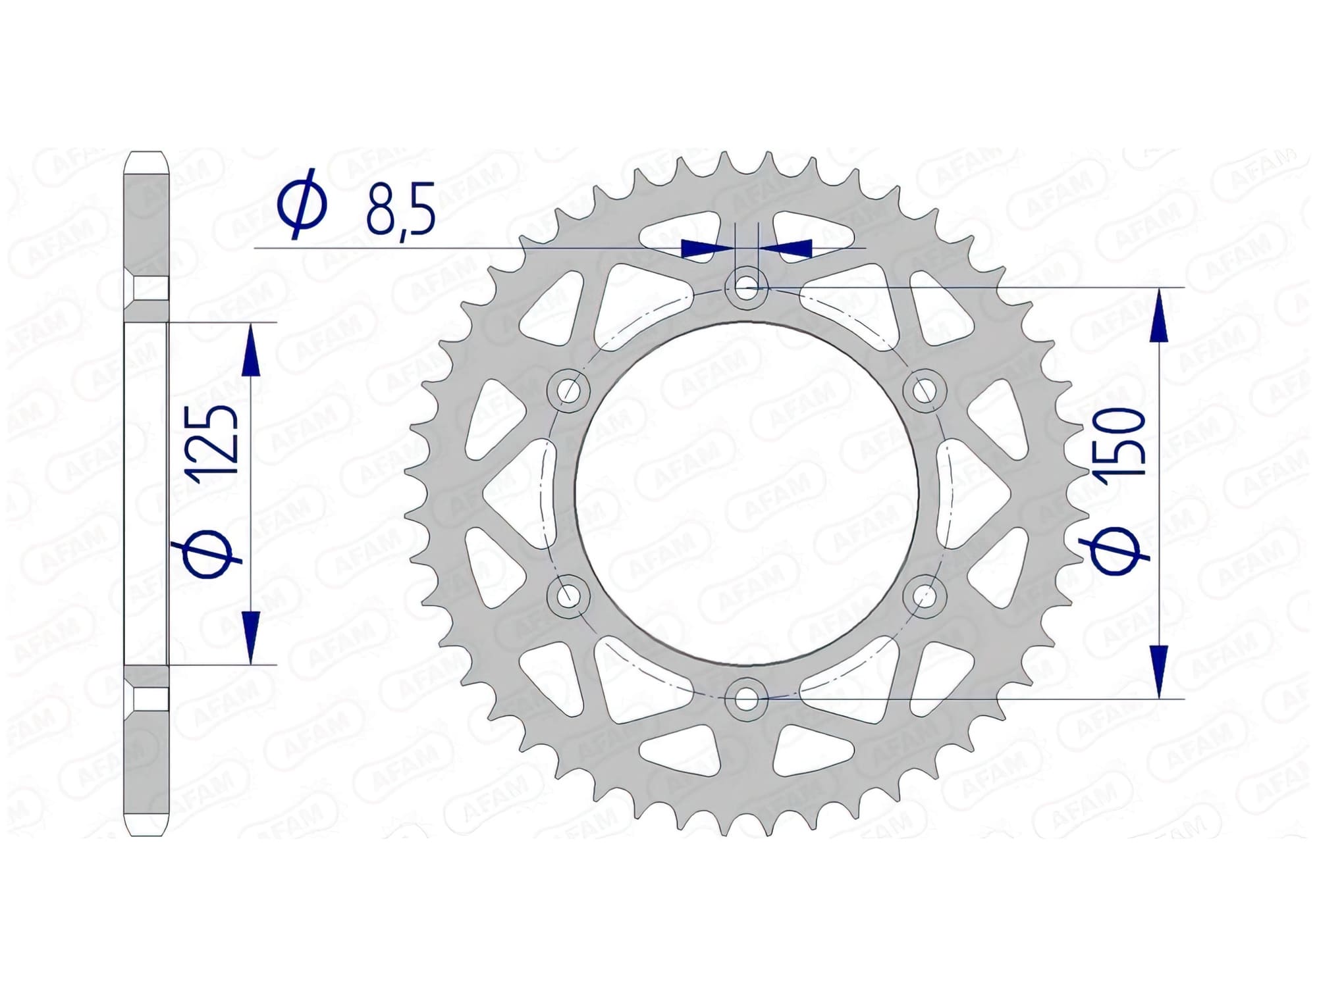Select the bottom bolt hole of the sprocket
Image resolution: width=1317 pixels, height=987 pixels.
745,699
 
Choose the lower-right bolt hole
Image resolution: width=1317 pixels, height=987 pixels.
925,596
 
